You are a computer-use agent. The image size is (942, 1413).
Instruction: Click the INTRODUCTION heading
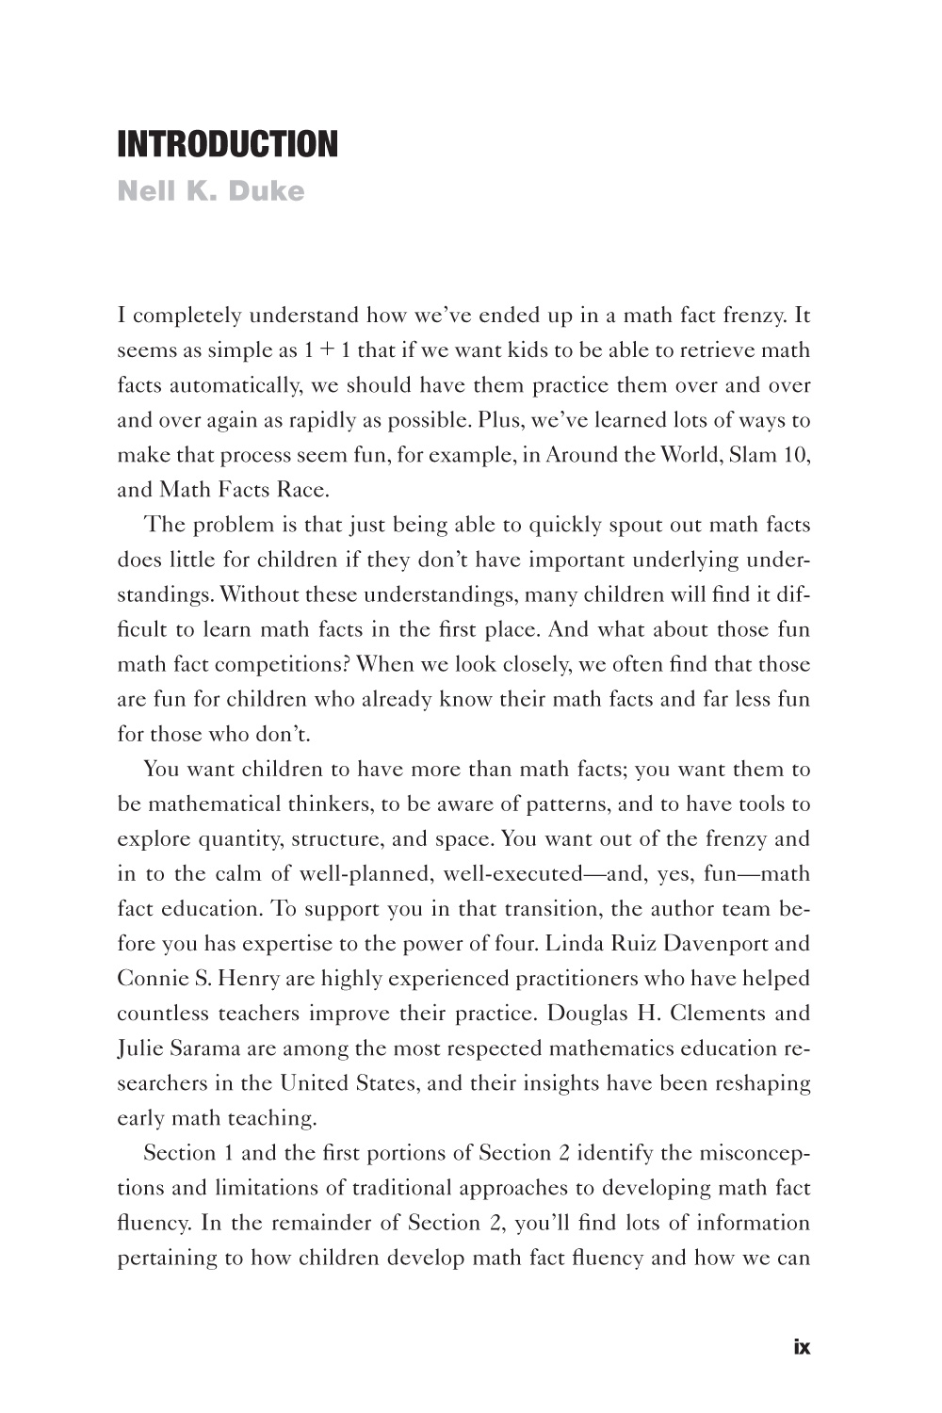pos(226,144)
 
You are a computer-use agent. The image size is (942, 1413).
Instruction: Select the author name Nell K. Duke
pos(211,191)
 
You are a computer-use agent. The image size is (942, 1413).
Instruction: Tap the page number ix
pos(801,1347)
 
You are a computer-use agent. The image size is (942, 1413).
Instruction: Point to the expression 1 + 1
pos(328,350)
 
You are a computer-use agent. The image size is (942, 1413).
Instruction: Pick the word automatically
pos(232,385)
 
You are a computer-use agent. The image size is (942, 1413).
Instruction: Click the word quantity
pos(237,838)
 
